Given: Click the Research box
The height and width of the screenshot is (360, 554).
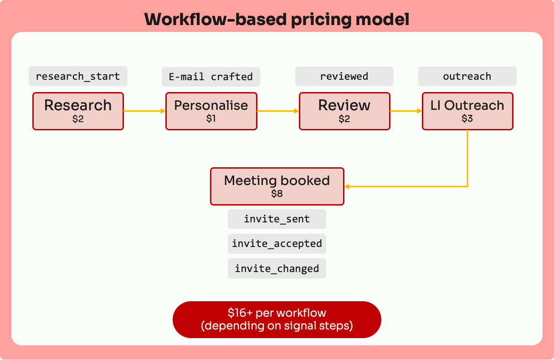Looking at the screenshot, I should pyautogui.click(x=78, y=111).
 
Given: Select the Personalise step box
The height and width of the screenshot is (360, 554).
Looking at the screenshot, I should pyautogui.click(x=211, y=111).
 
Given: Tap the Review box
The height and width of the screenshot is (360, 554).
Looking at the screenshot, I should pyautogui.click(x=344, y=111).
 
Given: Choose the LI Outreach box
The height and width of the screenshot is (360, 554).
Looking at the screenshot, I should pyautogui.click(x=467, y=111).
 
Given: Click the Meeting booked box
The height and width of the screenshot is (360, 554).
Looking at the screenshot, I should pyautogui.click(x=277, y=186).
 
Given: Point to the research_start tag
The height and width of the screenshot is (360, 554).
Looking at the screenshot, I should pyautogui.click(x=78, y=76).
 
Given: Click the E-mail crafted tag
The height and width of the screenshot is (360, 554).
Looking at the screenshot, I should pyautogui.click(x=211, y=77).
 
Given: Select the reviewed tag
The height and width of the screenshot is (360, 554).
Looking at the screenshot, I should pyautogui.click(x=344, y=76).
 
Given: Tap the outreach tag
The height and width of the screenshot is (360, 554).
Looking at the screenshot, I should pyautogui.click(x=467, y=76).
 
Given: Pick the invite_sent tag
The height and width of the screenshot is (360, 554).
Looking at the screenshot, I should pyautogui.click(x=277, y=219).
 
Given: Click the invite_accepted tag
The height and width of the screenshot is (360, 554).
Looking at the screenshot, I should pyautogui.click(x=277, y=244).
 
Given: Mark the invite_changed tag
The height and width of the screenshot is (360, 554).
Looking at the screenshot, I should pyautogui.click(x=277, y=268).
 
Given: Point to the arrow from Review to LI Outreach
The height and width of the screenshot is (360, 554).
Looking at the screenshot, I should pyautogui.click(x=406, y=111).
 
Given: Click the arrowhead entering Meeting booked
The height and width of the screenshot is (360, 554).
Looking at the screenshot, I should pyautogui.click(x=347, y=186).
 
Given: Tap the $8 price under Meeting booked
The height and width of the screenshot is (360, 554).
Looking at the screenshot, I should pyautogui.click(x=277, y=194).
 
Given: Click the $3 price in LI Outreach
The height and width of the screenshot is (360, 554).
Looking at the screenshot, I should pyautogui.click(x=467, y=119).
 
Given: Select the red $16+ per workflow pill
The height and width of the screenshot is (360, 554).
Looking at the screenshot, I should pyautogui.click(x=277, y=319).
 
